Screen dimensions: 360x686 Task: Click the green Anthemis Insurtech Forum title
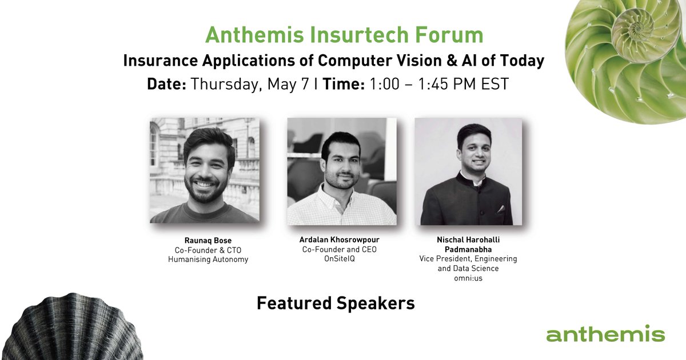point(344,35)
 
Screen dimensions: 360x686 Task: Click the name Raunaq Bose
point(204,241)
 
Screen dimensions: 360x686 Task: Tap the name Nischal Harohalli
point(468,239)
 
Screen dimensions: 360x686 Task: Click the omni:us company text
point(468,278)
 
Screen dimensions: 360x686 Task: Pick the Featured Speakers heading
point(336,303)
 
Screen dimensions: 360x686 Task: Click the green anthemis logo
point(605,334)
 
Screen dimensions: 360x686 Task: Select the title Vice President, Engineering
point(468,259)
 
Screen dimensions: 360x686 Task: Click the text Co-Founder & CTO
point(204,250)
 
